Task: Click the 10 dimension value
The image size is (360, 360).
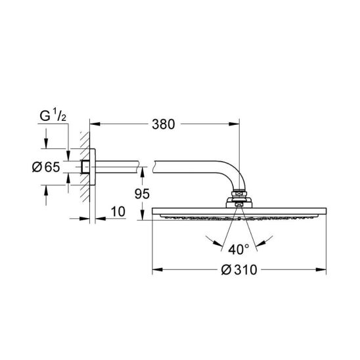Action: tap(118, 212)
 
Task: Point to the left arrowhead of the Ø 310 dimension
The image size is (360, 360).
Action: tap(156, 269)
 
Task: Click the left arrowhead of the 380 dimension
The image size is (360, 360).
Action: tap(93, 124)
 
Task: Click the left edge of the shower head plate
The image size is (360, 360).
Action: tap(154, 213)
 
